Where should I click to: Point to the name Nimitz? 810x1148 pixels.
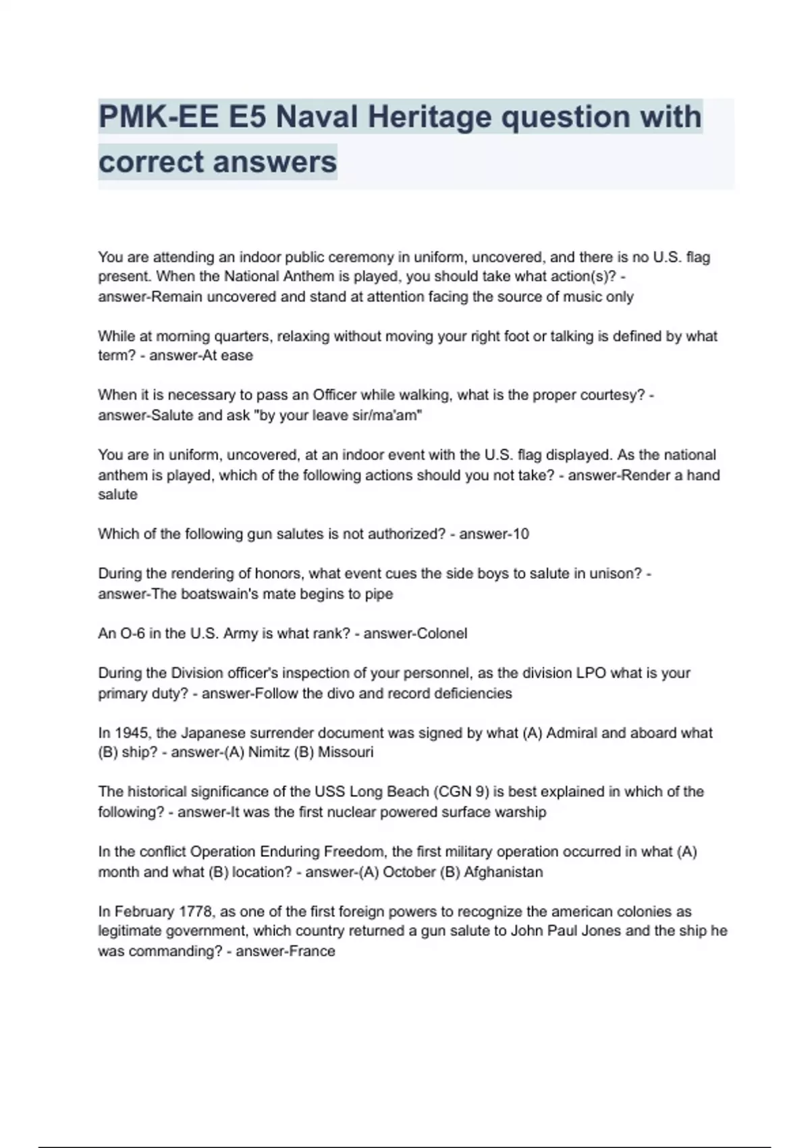268,752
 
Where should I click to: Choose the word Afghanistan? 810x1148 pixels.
503,872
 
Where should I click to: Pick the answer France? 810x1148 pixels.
311,951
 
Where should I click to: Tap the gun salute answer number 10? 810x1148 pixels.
521,534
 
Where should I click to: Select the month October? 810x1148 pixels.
409,872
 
